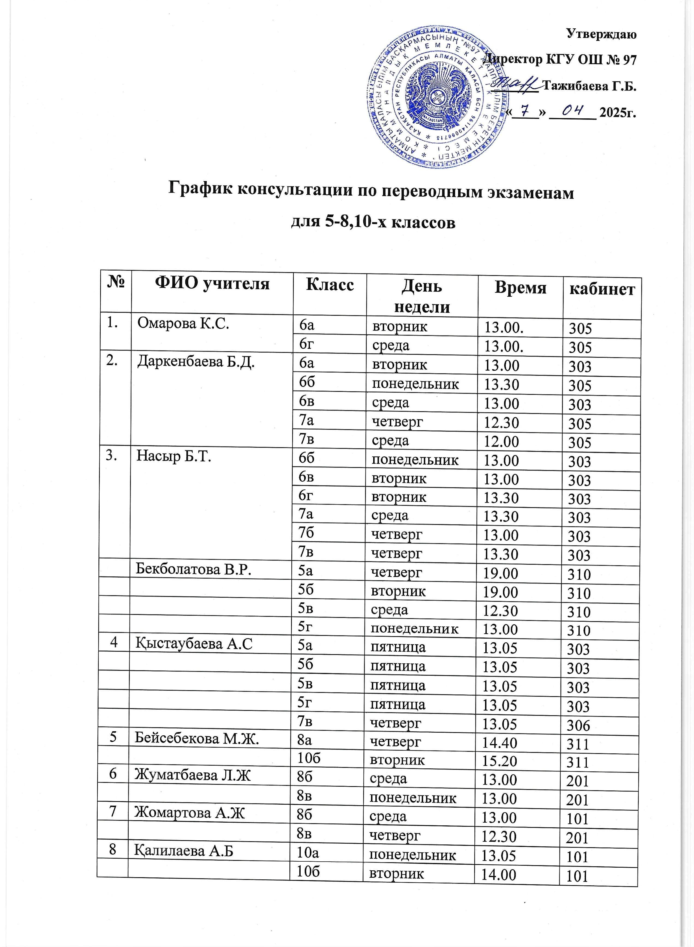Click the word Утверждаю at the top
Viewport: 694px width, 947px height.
(601, 34)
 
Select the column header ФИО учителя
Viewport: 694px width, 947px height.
(212, 284)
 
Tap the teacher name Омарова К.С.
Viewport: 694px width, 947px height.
(183, 324)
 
